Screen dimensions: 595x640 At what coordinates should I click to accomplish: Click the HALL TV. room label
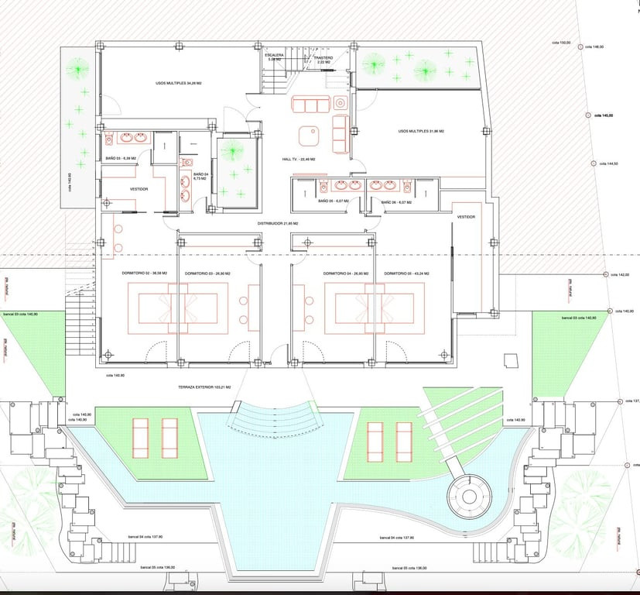click(300, 159)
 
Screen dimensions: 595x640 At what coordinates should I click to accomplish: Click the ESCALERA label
click(275, 56)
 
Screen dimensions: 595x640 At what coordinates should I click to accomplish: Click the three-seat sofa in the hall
click(310, 105)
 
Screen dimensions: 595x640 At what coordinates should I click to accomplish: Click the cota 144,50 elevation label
click(611, 164)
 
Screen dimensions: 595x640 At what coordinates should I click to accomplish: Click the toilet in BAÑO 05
click(320, 186)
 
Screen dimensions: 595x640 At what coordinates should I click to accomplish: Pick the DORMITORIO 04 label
click(342, 273)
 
